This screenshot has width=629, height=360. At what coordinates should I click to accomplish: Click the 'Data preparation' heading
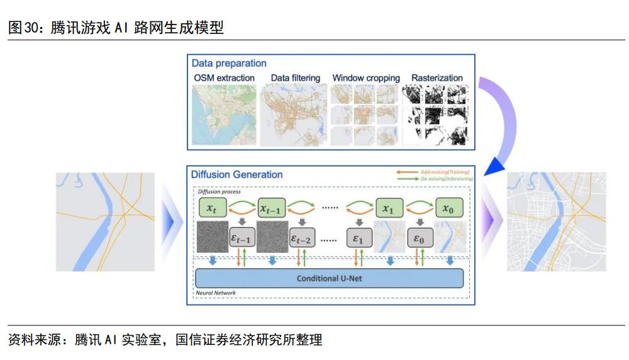coord(229,63)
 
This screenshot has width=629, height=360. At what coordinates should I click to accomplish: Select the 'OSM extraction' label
coord(225,78)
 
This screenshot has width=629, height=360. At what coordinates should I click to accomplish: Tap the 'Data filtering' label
coord(295,78)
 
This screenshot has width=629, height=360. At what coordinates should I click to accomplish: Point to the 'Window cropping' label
coord(366,78)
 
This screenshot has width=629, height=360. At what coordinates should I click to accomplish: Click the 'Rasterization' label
coord(437,78)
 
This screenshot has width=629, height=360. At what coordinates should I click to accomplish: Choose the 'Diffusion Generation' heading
coord(237,175)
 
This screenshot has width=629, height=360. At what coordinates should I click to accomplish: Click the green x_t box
coord(211,208)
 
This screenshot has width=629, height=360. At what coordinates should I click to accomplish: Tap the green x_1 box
coord(388,208)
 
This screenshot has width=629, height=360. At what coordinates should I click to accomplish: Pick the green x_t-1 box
coord(271,208)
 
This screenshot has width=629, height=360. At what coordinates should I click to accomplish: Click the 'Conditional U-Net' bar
coord(329,278)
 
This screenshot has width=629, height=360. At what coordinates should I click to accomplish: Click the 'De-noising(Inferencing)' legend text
coord(446,179)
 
